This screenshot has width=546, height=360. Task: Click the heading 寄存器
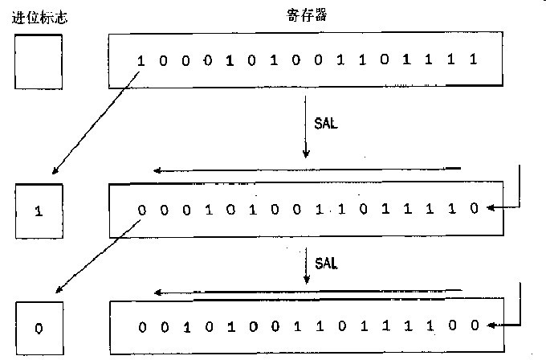[304, 14]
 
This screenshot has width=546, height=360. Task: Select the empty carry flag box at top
[38, 62]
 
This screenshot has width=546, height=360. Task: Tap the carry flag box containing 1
[38, 211]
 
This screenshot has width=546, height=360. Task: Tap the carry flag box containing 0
[38, 328]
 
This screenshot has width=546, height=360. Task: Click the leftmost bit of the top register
[141, 60]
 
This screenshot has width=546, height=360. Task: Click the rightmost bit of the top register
[475, 60]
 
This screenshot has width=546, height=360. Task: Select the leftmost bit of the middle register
[141, 210]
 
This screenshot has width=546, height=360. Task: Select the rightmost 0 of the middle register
[475, 210]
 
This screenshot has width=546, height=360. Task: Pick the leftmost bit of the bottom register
[141, 326]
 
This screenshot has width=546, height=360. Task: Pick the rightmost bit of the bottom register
[475, 326]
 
